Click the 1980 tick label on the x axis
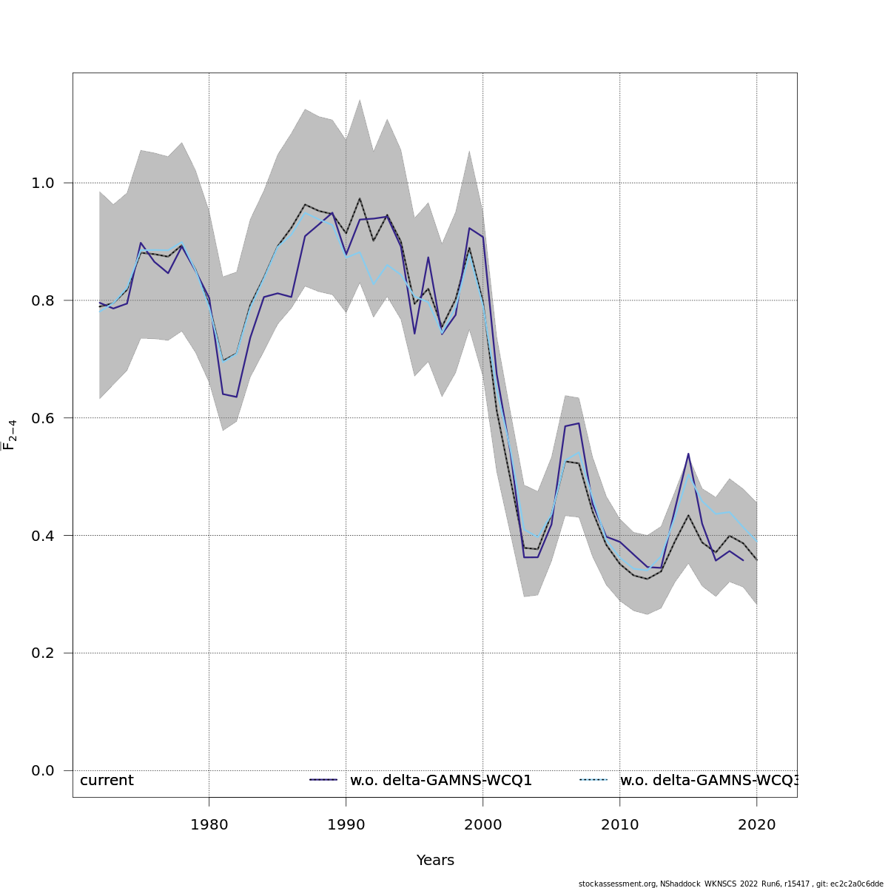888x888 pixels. coord(209,824)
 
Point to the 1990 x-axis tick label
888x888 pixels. coord(346,824)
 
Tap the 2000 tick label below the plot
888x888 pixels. coord(482,824)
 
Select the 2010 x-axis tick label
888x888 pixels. coord(619,824)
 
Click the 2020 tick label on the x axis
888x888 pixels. coord(756,824)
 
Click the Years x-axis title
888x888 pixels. coord(435,861)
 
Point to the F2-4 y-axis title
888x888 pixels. coord(10,434)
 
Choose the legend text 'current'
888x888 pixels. coord(107,781)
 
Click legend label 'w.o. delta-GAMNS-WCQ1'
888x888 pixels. coord(441,781)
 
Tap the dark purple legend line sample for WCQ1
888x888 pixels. coord(323,780)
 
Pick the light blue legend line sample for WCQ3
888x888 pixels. coord(593,780)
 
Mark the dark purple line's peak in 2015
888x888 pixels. coord(688,454)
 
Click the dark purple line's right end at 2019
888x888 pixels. coord(743,560)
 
